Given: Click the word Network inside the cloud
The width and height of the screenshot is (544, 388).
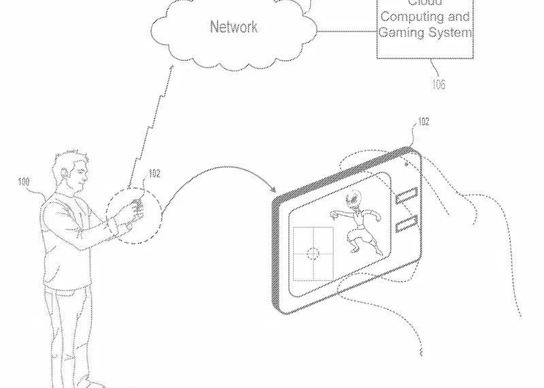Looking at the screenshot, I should pyautogui.click(x=233, y=27).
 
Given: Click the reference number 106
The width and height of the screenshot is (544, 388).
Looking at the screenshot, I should pyautogui.click(x=439, y=84).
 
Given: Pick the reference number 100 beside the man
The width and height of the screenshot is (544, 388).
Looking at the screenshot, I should pyautogui.click(x=24, y=182).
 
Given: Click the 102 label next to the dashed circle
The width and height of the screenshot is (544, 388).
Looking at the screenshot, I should pyautogui.click(x=154, y=174).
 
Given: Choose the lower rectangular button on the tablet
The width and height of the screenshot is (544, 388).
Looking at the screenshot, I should pyautogui.click(x=407, y=223).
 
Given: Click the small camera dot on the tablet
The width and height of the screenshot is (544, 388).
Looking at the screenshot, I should pyautogui.click(x=406, y=164).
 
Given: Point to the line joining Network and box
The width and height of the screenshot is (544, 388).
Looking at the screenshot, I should pyautogui.click(x=346, y=30).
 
